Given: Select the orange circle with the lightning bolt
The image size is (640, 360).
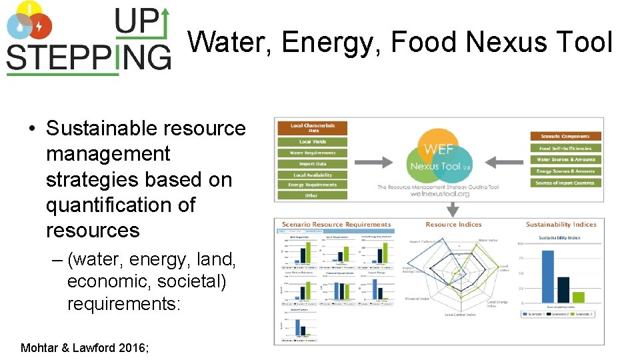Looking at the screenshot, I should coord(39,27).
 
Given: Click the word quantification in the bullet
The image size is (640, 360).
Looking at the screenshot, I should coord(121,205).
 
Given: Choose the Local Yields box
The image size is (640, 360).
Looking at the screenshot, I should coord(312,142).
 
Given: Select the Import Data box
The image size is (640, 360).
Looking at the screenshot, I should coord(312,163).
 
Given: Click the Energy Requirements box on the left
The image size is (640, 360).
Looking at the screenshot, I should coord(312,185).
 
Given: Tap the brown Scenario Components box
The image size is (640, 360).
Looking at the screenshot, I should coord(565,136).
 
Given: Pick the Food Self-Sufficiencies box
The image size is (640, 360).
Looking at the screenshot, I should coord(565,148).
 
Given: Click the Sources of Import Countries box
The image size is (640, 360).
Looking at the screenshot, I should coord(565,183).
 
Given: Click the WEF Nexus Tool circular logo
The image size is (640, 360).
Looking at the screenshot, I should coord(438,157).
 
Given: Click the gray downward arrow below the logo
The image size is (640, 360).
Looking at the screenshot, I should coord(452,210).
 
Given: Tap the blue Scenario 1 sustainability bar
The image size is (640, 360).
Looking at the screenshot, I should coord(547,276).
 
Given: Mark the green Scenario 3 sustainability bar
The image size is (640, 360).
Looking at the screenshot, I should coord(578,297).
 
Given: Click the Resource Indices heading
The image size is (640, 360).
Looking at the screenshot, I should coord(453,225).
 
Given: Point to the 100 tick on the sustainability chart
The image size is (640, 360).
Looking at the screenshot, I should coord(519,243).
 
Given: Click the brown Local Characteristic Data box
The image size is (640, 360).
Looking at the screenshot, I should coord(312,127).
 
